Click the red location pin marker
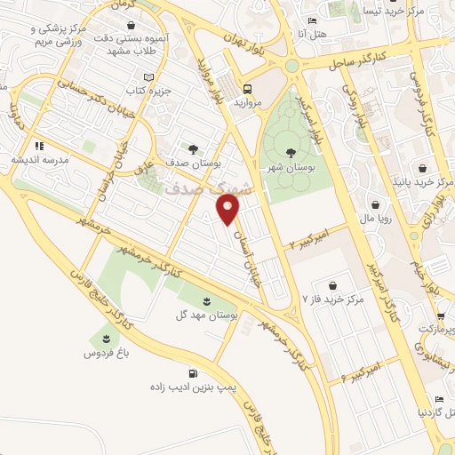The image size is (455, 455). tap(228, 211)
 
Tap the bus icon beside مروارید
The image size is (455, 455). tap(246, 90)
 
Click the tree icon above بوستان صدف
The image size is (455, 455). tap(193, 148)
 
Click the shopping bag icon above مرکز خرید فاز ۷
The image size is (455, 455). tap(331, 285)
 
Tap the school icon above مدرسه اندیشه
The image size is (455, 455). tap(38, 146)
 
